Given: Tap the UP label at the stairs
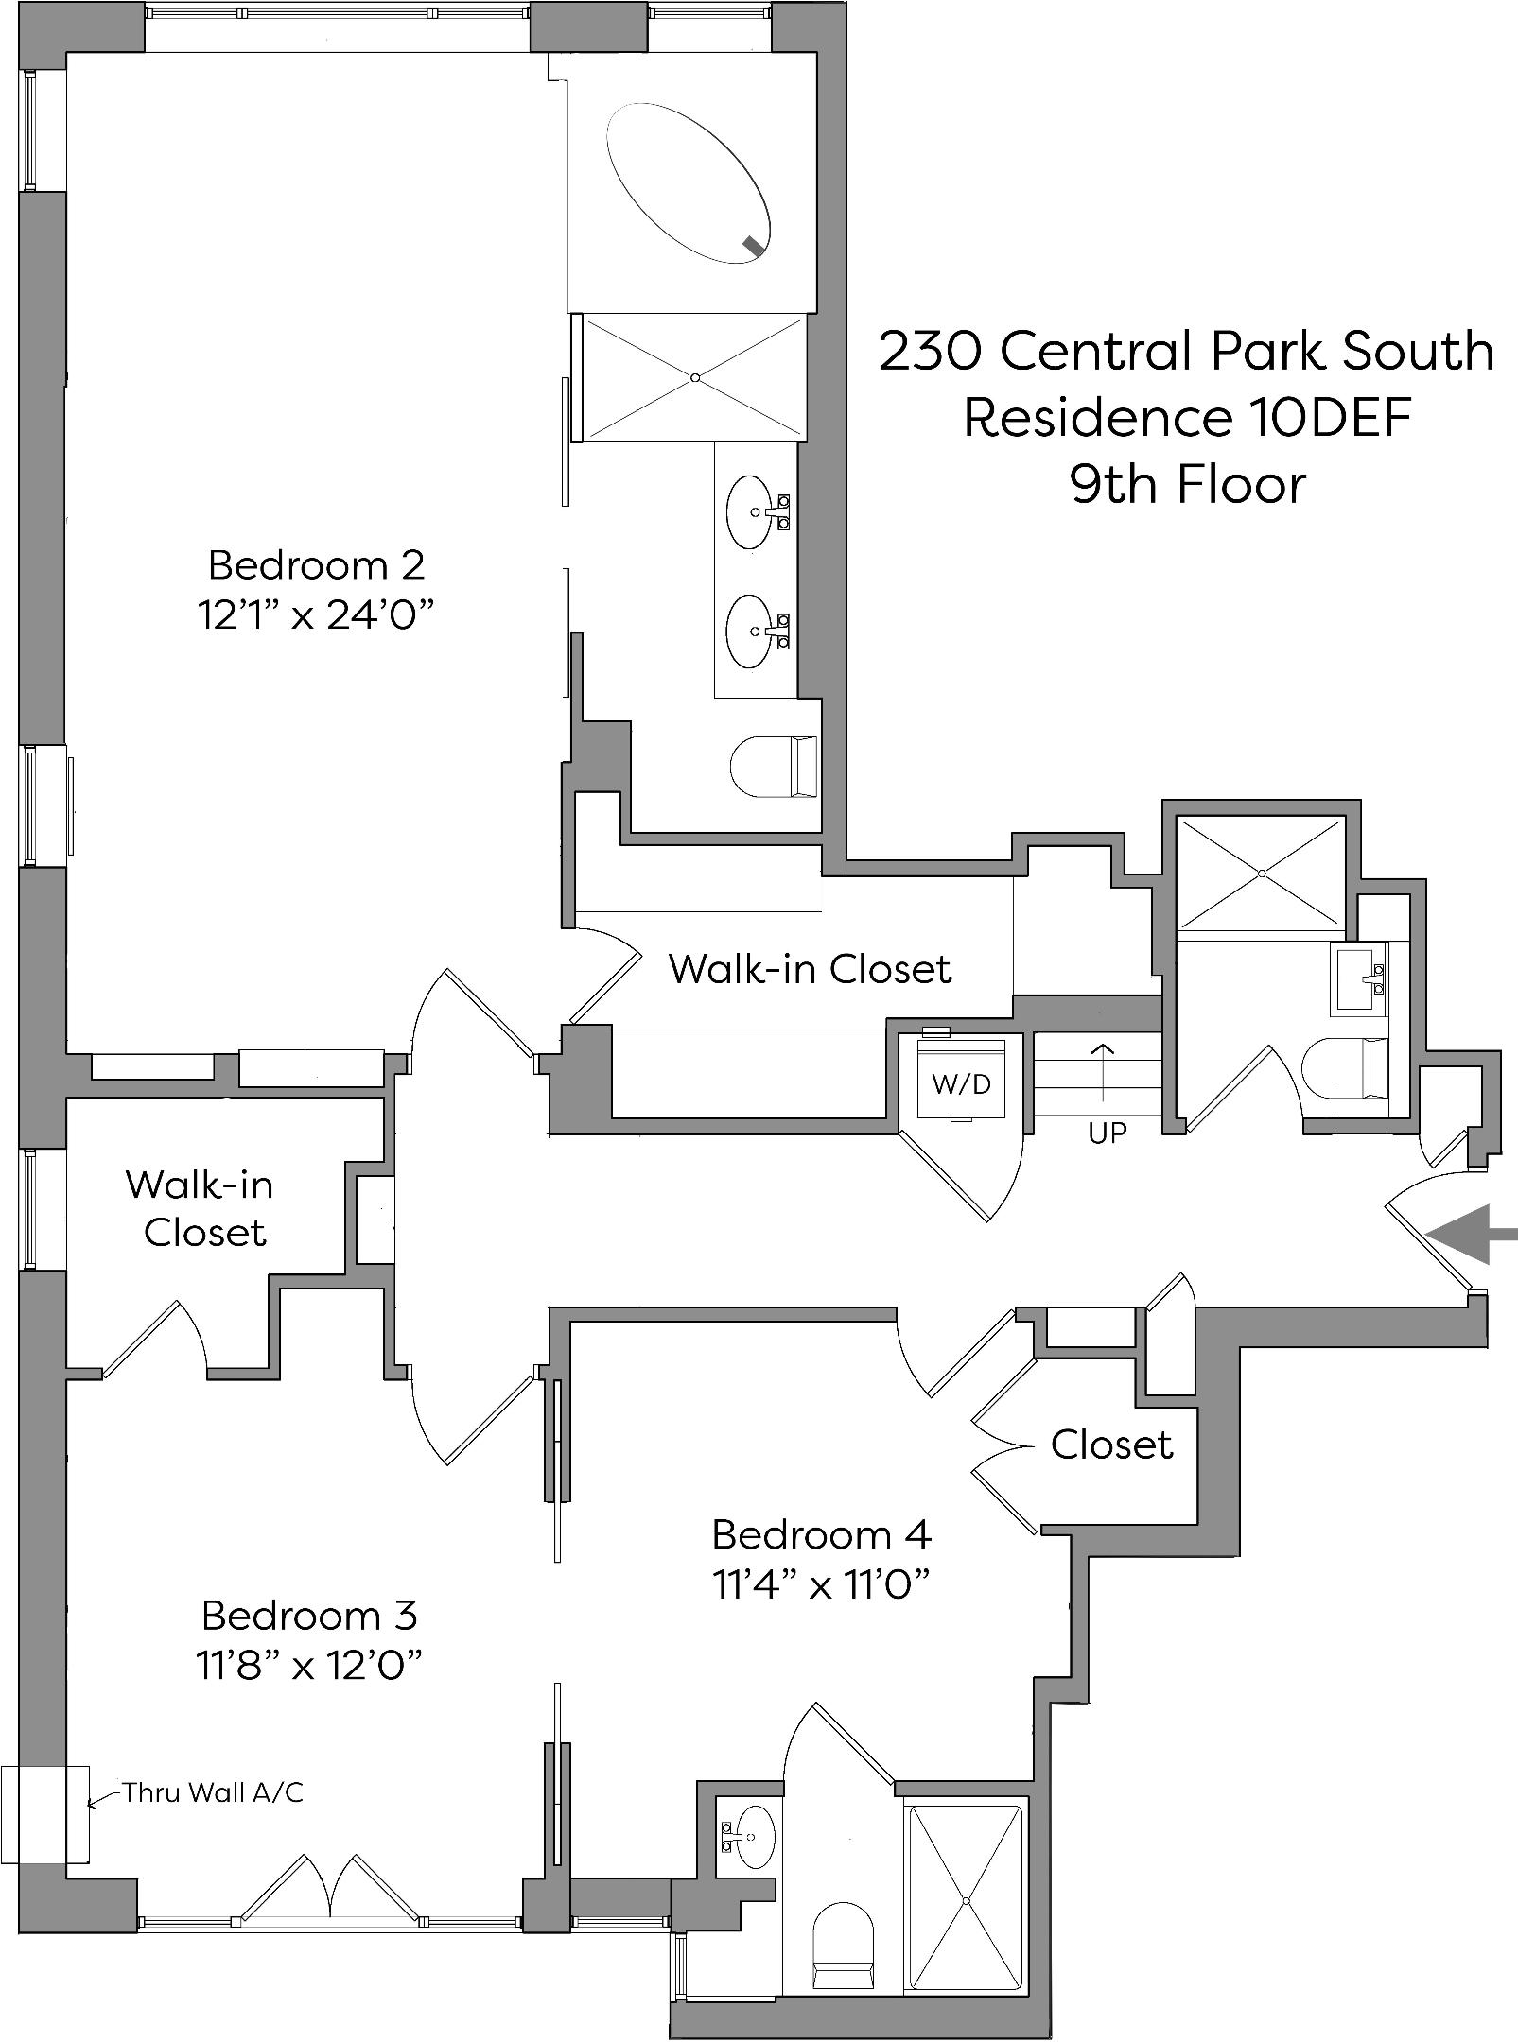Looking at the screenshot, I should (1107, 1133).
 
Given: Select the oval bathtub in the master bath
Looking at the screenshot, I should (688, 183).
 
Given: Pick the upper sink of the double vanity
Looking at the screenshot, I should (754, 512).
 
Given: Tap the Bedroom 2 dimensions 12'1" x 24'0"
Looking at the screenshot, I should (316, 615).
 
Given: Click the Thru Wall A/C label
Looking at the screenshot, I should (213, 1792).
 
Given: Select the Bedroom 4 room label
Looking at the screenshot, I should (821, 1534).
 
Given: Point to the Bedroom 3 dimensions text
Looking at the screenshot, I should (308, 1666).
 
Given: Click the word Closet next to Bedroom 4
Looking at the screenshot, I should (1111, 1445).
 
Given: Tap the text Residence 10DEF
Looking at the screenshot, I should (1187, 417).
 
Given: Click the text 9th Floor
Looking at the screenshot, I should (1187, 484).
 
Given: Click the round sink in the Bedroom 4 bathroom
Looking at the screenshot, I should (754, 1837).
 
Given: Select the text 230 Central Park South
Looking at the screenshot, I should (1187, 351).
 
